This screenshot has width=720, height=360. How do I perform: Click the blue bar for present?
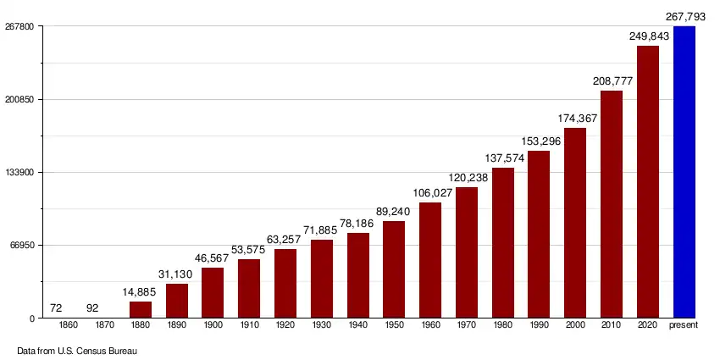click(684, 172)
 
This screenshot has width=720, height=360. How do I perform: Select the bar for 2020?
click(648, 182)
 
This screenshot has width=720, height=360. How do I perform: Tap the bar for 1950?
click(394, 269)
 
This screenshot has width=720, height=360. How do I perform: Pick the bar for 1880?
click(141, 310)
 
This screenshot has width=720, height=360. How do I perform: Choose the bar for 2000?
click(575, 223)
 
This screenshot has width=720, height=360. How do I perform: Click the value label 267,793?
click(686, 16)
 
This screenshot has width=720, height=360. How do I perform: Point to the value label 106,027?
click(430, 193)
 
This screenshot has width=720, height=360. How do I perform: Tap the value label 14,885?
click(141, 292)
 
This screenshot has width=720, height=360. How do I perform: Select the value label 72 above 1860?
click(56, 307)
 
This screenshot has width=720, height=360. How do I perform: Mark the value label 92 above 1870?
click(92, 307)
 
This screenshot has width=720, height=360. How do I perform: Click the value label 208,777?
click(612, 81)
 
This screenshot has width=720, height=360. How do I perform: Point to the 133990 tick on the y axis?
click(20, 173)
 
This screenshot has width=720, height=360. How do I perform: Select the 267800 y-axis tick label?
click(20, 27)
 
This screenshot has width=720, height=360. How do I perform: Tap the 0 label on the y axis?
click(32, 318)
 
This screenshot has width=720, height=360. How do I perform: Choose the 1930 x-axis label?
click(322, 326)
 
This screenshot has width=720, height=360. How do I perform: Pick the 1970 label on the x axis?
click(467, 326)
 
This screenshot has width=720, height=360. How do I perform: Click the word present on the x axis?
click(684, 326)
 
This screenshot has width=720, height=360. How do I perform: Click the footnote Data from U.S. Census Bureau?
click(77, 350)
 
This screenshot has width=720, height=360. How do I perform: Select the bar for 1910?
click(249, 289)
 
